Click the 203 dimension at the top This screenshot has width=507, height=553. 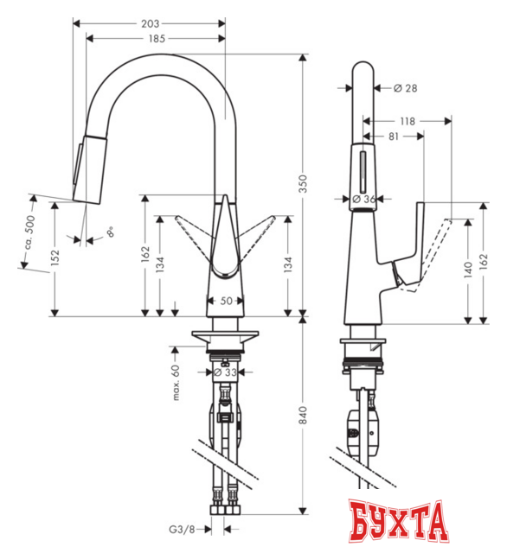click(149, 23)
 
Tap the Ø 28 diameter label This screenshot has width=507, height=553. click(407, 87)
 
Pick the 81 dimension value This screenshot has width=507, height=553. click(392, 136)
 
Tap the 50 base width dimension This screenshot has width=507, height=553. click(226, 301)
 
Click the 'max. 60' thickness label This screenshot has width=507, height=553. click(175, 381)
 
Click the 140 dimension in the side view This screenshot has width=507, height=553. click(467, 270)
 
